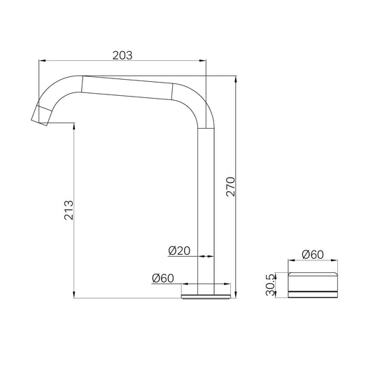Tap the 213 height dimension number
click(69, 211)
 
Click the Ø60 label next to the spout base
click(162, 278)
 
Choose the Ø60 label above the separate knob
click(312, 254)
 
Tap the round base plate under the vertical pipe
click(206, 295)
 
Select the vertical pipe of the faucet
click(207, 210)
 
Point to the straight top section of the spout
click(126, 85)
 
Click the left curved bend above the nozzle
click(56, 89)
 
